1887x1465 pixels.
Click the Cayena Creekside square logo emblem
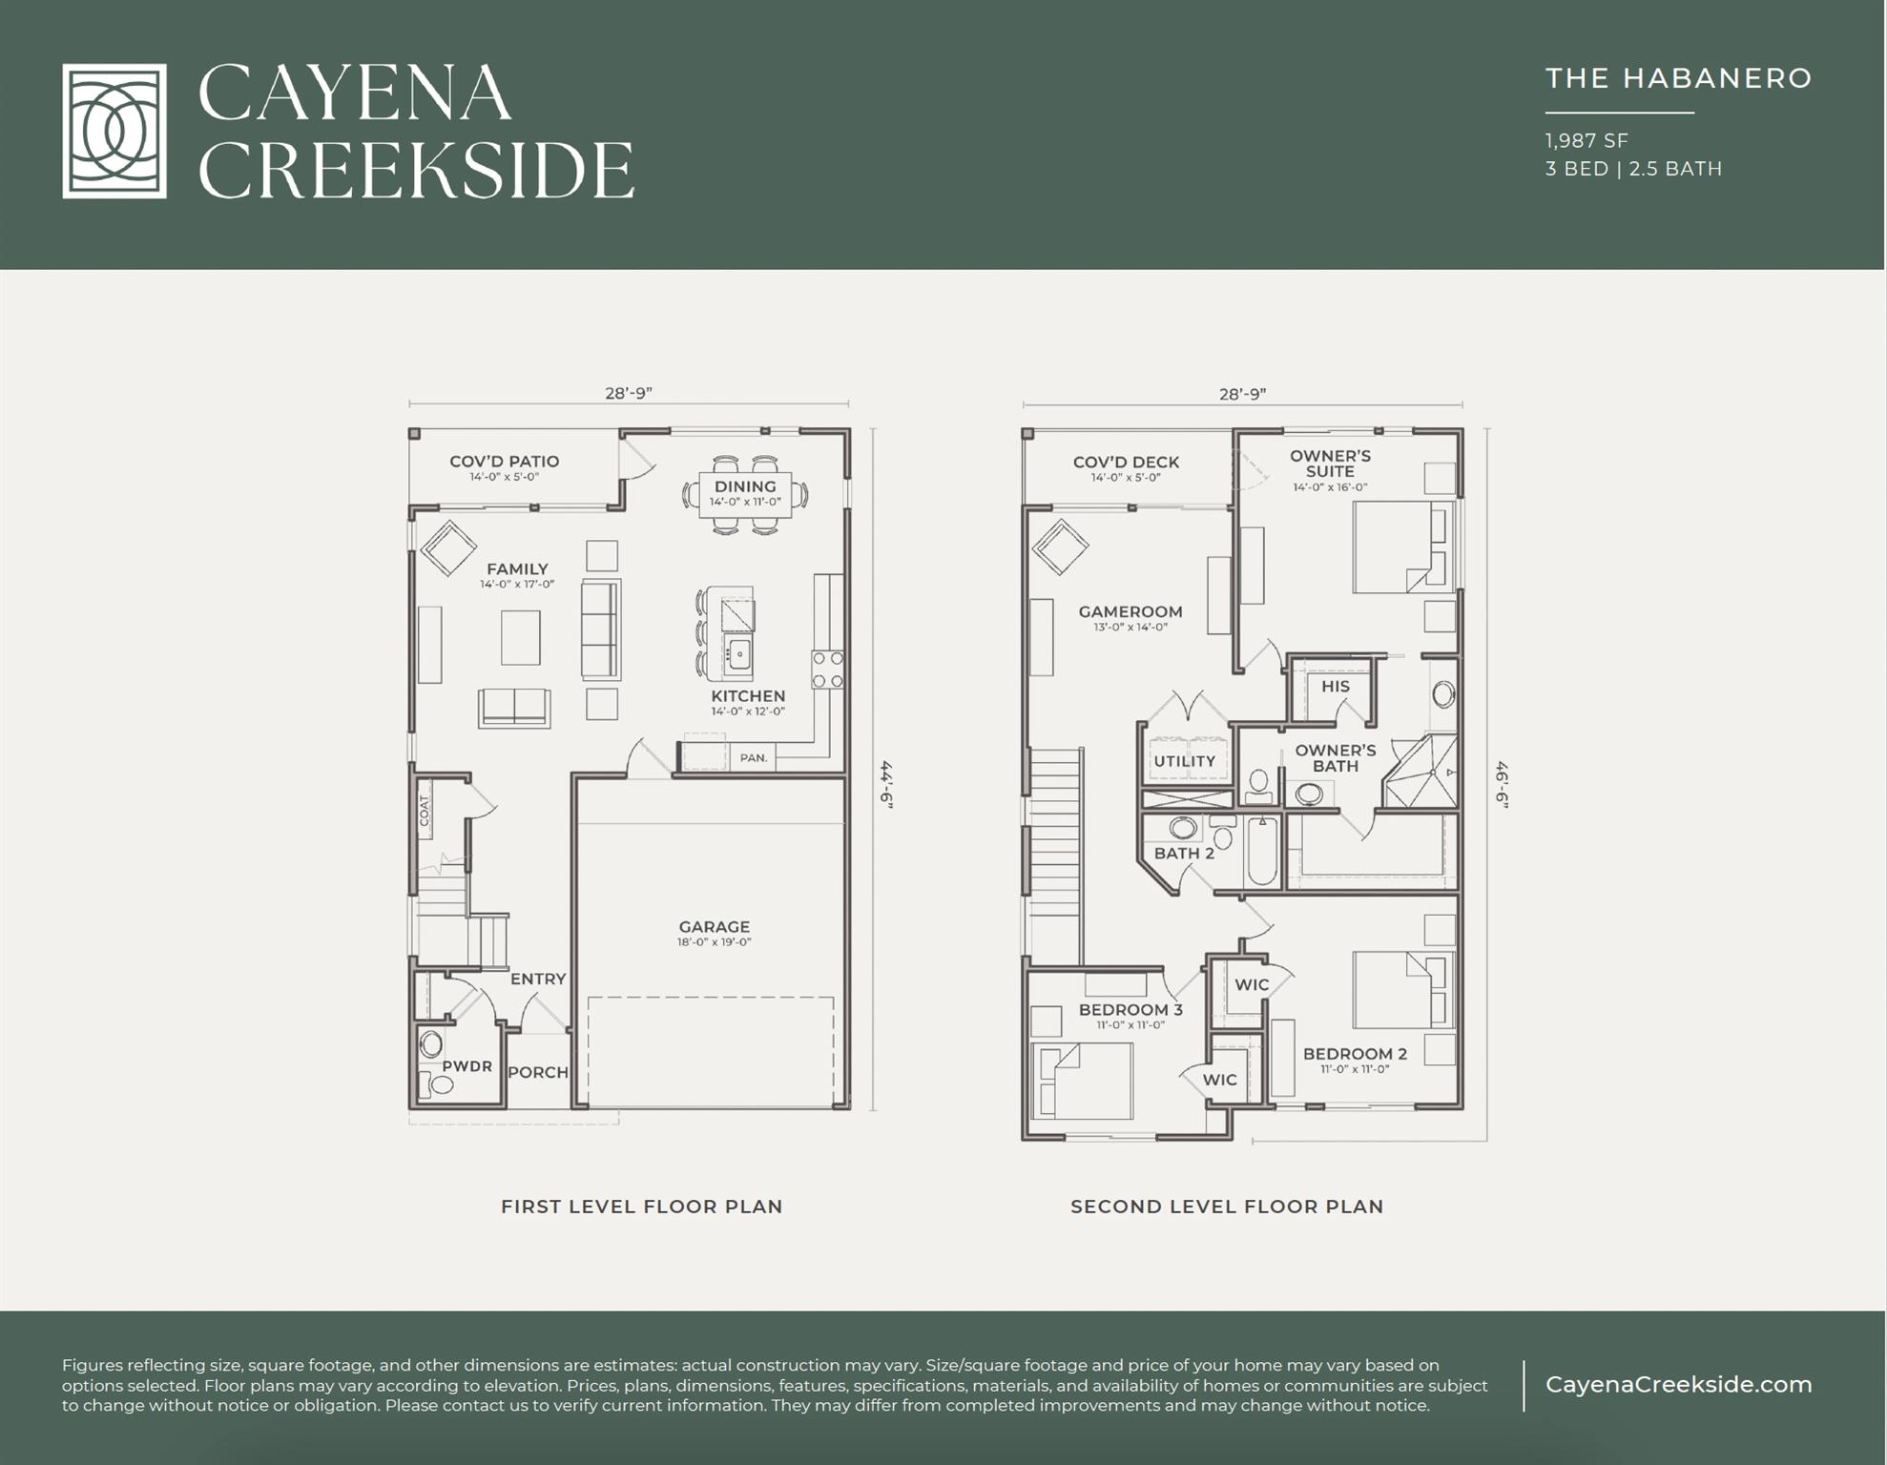[114, 131]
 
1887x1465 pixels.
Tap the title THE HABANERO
[1678, 78]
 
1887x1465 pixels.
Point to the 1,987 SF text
[1586, 140]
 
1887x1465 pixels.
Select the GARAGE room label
[715, 926]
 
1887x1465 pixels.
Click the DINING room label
[745, 486]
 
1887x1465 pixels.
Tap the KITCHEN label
[748, 696]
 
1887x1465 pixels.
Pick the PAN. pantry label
[754, 758]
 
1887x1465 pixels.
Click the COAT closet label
[425, 810]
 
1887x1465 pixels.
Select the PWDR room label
[467, 1066]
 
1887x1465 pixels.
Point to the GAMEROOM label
[1130, 611]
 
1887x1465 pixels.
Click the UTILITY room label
[1184, 761]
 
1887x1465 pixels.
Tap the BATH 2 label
[1184, 853]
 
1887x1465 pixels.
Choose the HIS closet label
[1336, 686]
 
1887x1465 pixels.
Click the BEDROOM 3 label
[1130, 1009]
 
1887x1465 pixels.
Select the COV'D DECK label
[1126, 462]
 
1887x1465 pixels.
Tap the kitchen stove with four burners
[828, 669]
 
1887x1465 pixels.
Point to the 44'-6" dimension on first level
[886, 784]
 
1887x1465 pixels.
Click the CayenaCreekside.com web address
[1678, 1385]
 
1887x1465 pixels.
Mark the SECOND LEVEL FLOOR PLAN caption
[1227, 1207]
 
